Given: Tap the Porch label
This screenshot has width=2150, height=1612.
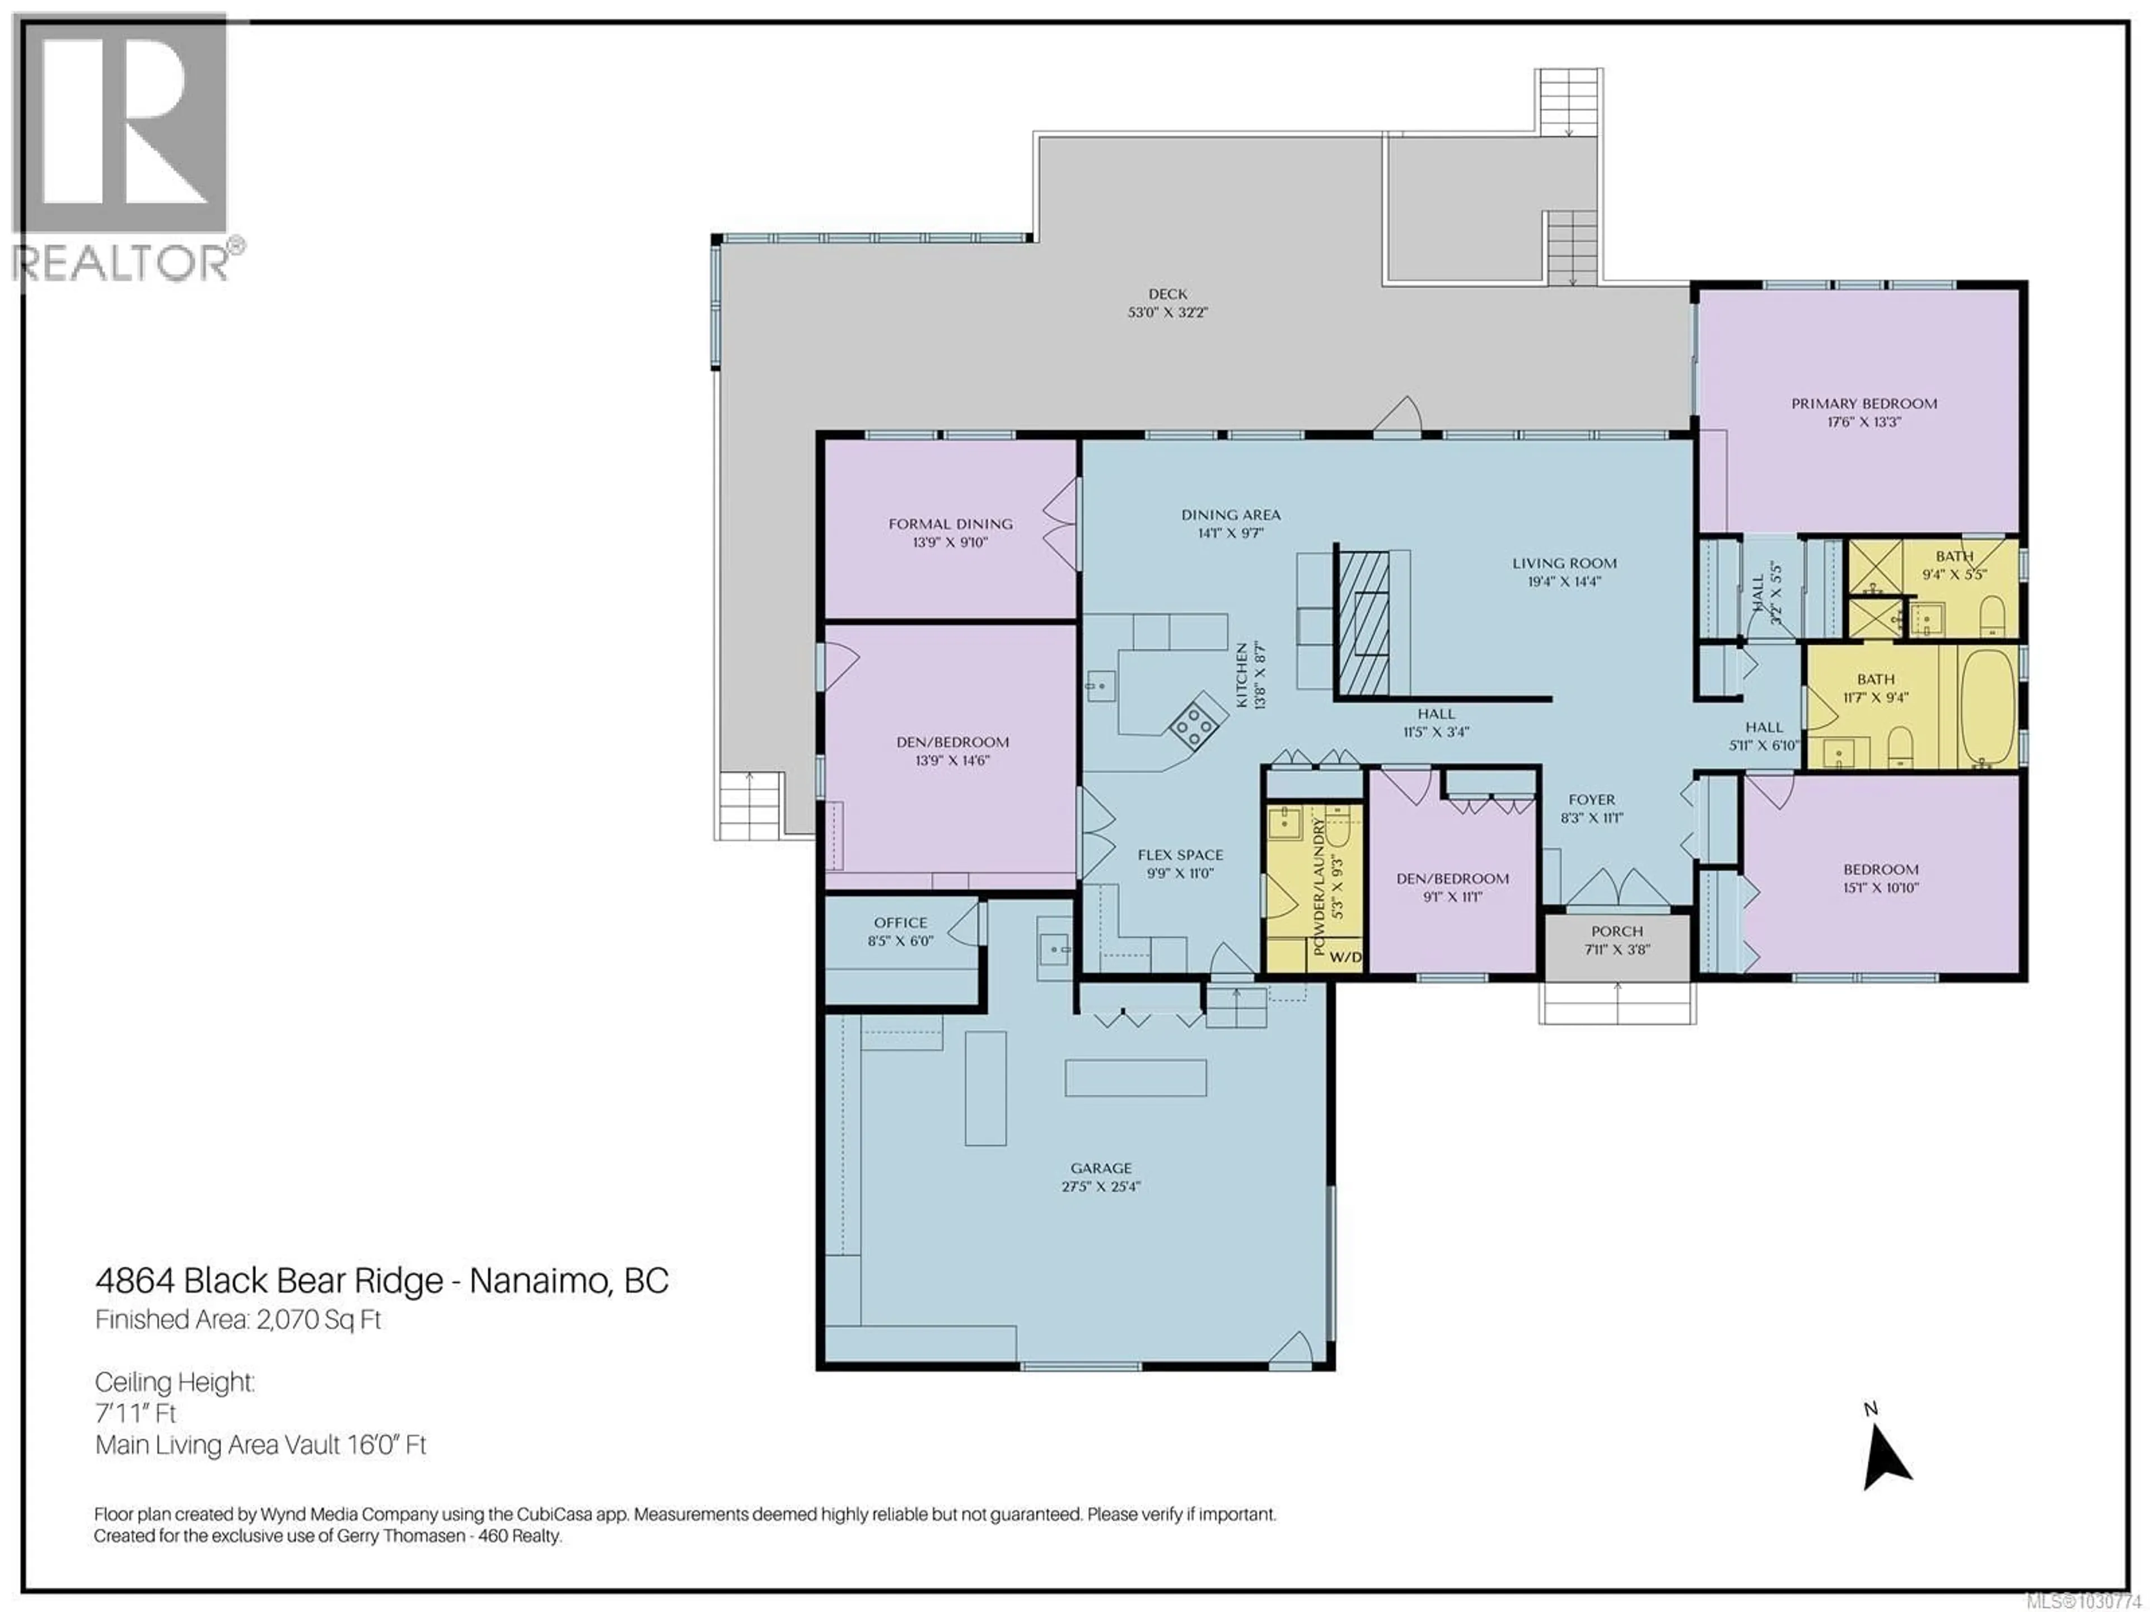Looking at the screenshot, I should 1616,931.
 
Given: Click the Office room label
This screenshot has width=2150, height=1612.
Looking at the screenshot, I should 900,922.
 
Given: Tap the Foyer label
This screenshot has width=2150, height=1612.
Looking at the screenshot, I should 1591,800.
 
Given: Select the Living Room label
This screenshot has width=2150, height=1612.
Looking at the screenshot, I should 1564,563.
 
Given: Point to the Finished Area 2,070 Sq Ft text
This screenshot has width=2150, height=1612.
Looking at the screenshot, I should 238,1319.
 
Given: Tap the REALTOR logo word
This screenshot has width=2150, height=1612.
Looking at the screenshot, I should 121,263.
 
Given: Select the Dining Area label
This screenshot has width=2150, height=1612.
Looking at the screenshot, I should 1231,515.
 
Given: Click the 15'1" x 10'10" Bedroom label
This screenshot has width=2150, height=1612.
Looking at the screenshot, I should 1881,870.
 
